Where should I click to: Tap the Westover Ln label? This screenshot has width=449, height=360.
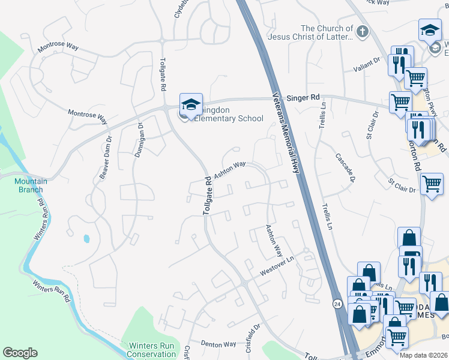coord(279,267)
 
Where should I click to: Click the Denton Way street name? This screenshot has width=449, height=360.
coord(218,344)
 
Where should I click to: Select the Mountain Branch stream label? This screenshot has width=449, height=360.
coord(29,185)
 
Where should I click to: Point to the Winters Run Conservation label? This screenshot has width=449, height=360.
coord(151,350)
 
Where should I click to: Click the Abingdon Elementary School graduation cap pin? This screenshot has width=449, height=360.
coord(191,106)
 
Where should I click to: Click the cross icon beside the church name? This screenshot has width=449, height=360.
coord(362,31)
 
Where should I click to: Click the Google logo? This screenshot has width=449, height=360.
coord(20,352)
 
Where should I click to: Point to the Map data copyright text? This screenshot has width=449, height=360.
coord(424,355)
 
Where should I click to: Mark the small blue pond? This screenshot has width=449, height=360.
coord(87,238)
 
